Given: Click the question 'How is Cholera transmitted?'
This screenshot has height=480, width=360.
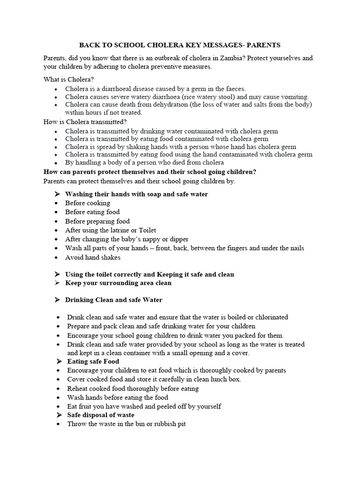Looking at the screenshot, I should pyautogui.click(x=85, y=122).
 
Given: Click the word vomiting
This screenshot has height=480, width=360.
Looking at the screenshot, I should pyautogui.click(x=293, y=96).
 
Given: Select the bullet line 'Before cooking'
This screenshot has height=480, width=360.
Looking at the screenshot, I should pyautogui.click(x=88, y=203).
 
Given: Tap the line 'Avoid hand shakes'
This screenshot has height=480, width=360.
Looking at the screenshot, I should pyautogui.click(x=93, y=257).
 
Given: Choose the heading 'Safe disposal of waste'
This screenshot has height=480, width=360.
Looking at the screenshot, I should pyautogui.click(x=101, y=415).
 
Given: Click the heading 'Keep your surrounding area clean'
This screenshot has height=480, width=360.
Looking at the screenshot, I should pyautogui.click(x=118, y=283).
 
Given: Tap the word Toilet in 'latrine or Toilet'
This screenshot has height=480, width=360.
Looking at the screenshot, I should pyautogui.click(x=146, y=230).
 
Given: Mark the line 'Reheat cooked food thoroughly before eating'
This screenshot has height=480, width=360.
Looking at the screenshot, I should pyautogui.click(x=133, y=388).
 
